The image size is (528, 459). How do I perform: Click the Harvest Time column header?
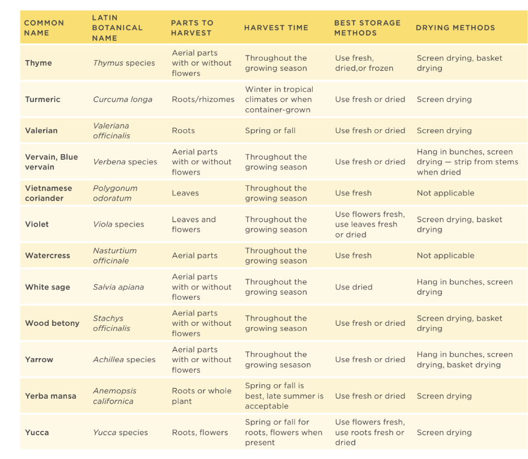pyautogui.click(x=276, y=28)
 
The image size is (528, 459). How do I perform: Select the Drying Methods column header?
pyautogui.click(x=455, y=28)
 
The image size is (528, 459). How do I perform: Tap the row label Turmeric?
pyautogui.click(x=42, y=99)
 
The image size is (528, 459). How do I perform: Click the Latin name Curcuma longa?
pyautogui.click(x=122, y=99)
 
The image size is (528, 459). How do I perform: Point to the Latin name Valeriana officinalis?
pyautogui.click(x=112, y=130)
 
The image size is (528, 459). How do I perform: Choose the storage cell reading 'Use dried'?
pyautogui.click(x=354, y=287)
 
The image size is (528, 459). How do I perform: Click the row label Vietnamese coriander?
pyautogui.click(x=49, y=193)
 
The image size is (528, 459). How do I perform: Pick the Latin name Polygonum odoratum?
pyautogui.click(x=115, y=193)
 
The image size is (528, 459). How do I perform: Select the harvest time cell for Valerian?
pyautogui.click(x=270, y=130)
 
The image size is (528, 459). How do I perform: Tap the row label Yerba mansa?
pyautogui.click(x=50, y=396)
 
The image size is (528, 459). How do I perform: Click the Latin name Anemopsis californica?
pyautogui.click(x=114, y=396)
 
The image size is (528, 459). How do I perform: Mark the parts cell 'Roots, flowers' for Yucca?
pyautogui.click(x=200, y=432)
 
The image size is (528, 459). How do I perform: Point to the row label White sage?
pyautogui.click(x=48, y=287)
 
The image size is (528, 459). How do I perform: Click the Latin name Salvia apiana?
pyautogui.click(x=118, y=287)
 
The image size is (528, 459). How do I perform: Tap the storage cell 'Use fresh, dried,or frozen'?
pyautogui.click(x=364, y=63)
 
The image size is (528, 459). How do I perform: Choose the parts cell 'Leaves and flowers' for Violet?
pyautogui.click(x=194, y=224)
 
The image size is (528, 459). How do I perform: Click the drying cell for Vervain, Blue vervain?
pyautogui.click(x=467, y=162)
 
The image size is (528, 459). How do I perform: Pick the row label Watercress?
pyautogui.click(x=48, y=256)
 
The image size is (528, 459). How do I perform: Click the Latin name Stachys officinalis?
pyautogui.click(x=112, y=323)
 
